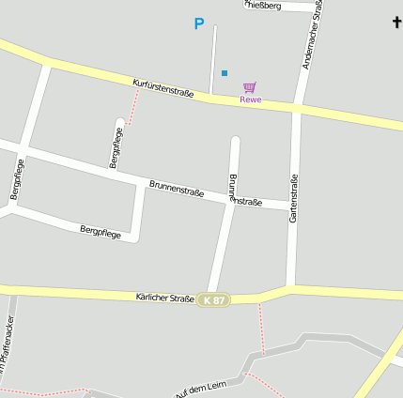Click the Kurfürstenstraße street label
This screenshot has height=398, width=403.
click(x=163, y=88)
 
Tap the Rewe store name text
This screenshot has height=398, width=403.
click(x=251, y=99)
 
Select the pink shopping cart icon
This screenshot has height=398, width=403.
click(x=249, y=87)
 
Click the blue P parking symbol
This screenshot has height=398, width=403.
click(x=198, y=24)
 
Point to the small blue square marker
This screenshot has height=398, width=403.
click(x=225, y=72)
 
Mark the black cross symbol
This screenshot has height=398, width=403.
click(x=396, y=22)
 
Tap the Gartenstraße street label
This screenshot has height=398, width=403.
click(x=294, y=199)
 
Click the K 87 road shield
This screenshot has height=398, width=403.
click(x=213, y=299)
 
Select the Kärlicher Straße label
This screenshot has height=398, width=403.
click(x=164, y=297)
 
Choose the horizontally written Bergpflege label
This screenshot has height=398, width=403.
click(x=101, y=231)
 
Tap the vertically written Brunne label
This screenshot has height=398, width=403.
click(x=232, y=188)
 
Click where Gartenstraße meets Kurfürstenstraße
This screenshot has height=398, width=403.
click(x=296, y=107)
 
